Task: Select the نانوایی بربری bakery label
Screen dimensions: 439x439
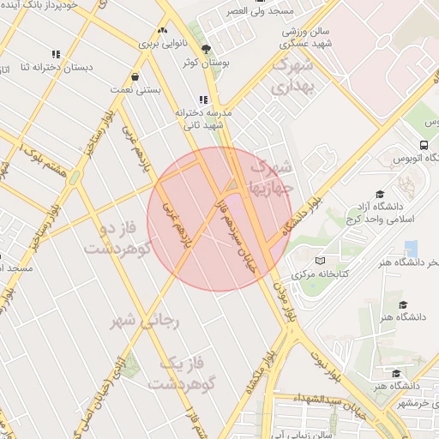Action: [x=162, y=41]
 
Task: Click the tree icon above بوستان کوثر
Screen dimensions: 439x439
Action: [x=205, y=49]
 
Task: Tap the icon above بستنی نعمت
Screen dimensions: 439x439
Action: [x=135, y=75]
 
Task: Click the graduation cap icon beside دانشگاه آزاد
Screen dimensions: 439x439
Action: [x=380, y=194]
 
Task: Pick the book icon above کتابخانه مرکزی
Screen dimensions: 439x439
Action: [x=320, y=261]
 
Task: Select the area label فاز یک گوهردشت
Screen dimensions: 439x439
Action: [x=184, y=373]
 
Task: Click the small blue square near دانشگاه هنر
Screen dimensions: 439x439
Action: [x=411, y=249]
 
